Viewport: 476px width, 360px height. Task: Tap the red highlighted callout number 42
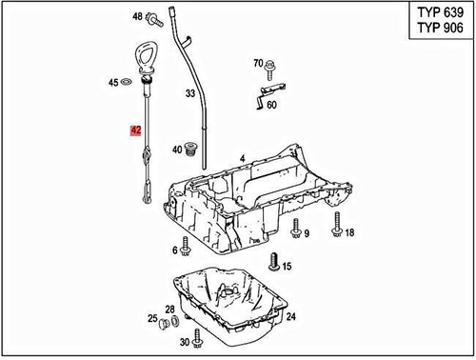136,130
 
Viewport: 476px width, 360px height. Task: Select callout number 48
137,17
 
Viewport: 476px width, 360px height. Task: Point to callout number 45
113,84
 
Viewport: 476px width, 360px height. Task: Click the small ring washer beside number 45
128,84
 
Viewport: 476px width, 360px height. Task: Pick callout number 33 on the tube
190,94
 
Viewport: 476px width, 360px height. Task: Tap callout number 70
257,64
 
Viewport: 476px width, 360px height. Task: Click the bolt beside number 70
270,66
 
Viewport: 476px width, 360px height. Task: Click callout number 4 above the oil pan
242,157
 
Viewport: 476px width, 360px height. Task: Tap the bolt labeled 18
336,229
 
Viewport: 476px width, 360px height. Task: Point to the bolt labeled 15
273,261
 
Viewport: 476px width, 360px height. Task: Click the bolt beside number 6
186,250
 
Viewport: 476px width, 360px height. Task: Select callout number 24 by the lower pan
291,316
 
